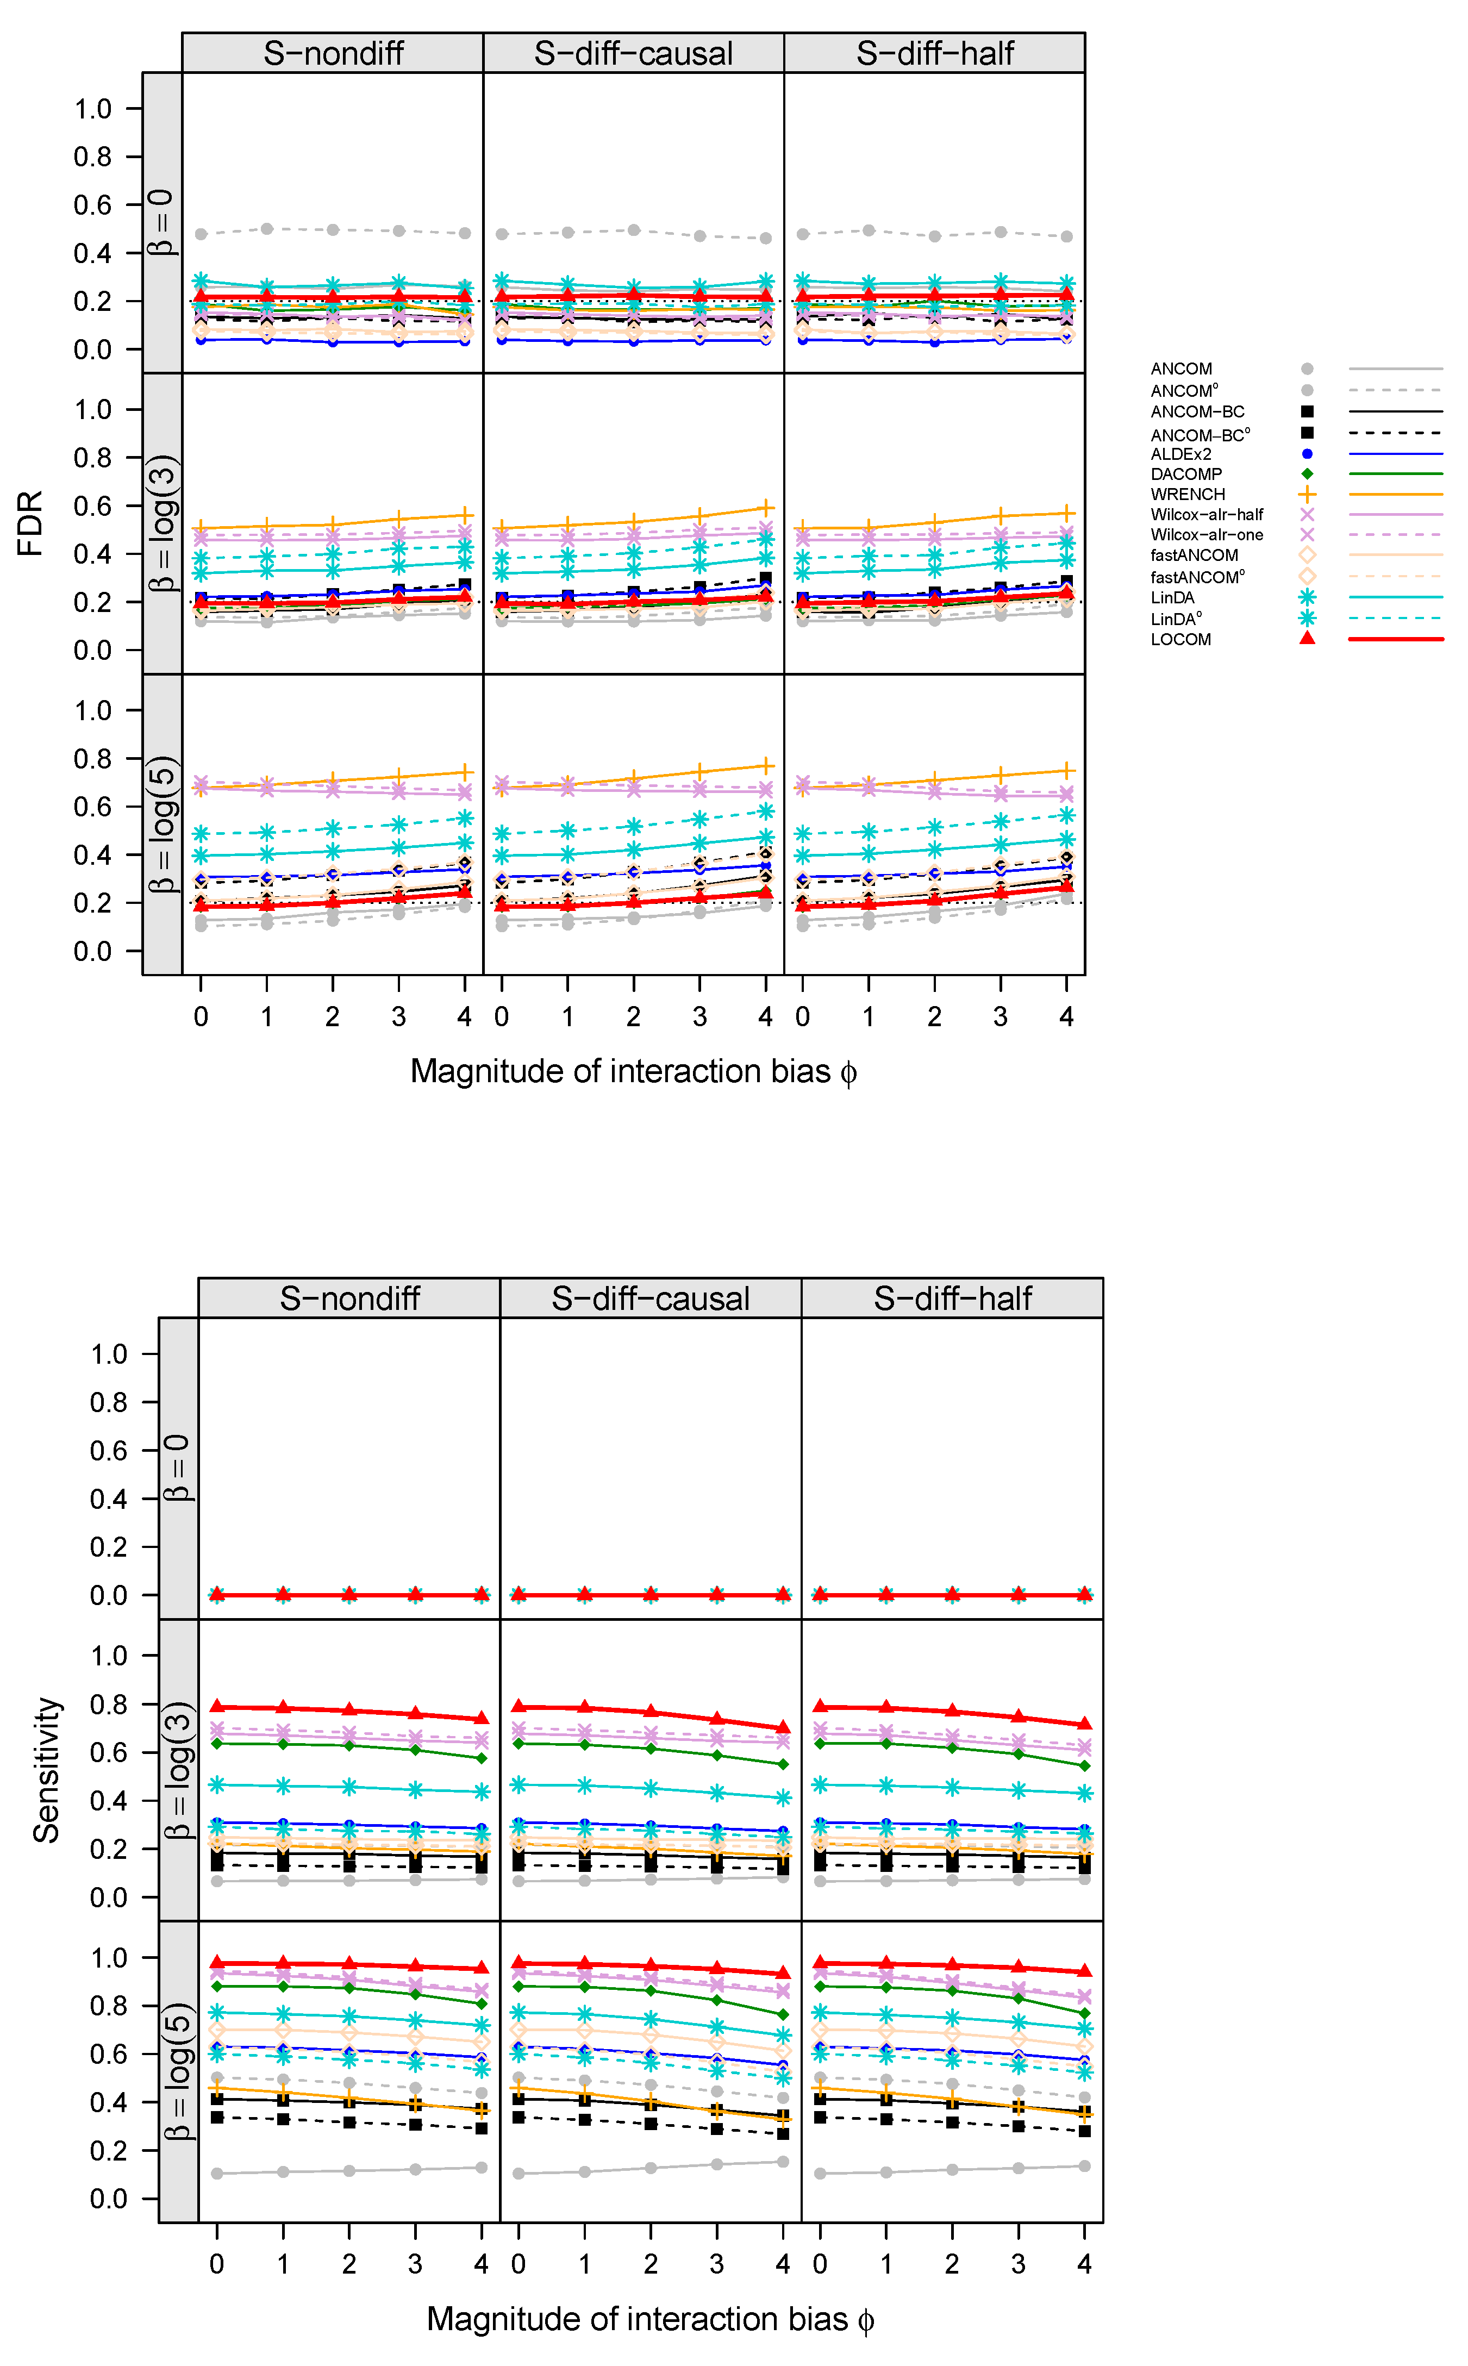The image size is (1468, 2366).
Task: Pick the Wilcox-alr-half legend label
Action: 1207,515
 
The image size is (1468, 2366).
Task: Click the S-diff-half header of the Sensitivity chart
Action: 952,1298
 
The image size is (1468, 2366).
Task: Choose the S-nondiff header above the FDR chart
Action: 333,53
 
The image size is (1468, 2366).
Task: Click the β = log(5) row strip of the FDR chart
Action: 162,823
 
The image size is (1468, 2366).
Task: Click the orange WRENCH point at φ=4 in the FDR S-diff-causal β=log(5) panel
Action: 765,766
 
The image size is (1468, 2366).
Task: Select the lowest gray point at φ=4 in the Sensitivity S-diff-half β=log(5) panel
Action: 1084,2166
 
